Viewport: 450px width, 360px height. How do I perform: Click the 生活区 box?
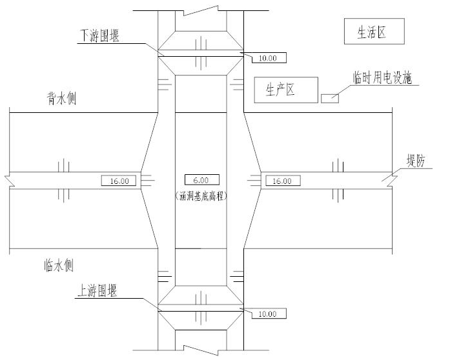click(372, 32)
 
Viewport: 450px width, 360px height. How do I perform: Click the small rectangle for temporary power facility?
click(330, 98)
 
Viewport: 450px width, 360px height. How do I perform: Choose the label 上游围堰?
click(97, 291)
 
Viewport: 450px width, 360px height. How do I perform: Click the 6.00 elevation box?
click(201, 180)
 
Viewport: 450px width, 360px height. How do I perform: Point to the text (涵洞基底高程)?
click(201, 194)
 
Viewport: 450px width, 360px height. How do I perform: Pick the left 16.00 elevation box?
click(119, 181)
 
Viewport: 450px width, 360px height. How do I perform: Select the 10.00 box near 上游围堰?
click(266, 314)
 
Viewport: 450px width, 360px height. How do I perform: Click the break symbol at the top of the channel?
click(201, 11)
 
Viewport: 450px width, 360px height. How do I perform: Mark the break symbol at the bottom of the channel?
click(201, 348)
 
